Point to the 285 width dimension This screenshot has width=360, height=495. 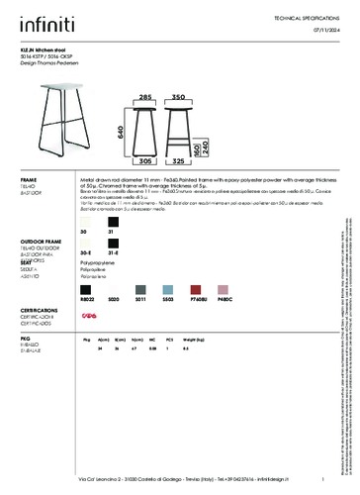144,98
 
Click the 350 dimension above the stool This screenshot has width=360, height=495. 179,98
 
